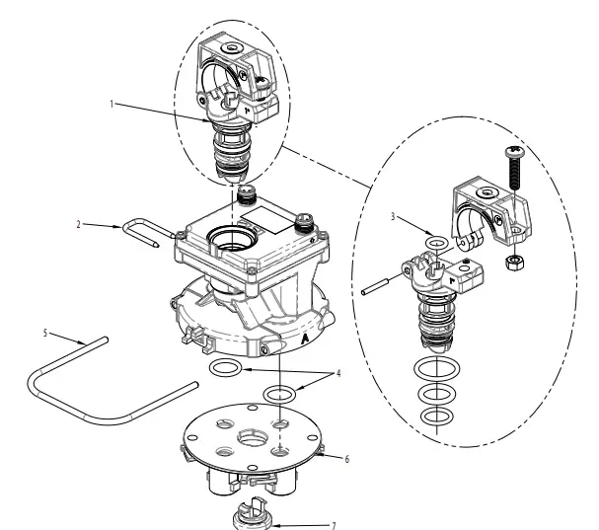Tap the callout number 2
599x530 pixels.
click(x=79, y=224)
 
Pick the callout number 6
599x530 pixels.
click(x=345, y=459)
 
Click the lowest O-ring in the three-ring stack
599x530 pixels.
click(x=430, y=417)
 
